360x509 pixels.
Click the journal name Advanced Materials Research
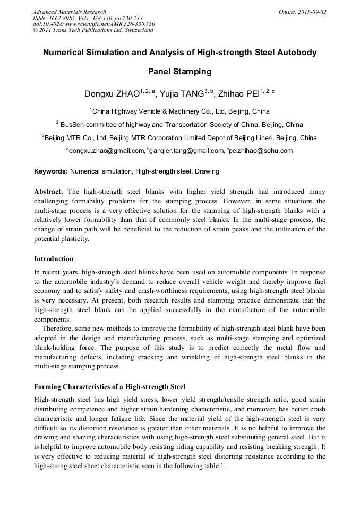tap(69, 12)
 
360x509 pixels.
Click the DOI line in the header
tap(93, 24)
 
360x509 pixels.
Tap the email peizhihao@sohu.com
tap(261, 151)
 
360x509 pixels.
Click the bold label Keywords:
tap(50, 171)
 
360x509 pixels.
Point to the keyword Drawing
tap(207, 171)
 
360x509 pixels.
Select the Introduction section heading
tap(54, 259)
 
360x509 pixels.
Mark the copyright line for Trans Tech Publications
tap(93, 30)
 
